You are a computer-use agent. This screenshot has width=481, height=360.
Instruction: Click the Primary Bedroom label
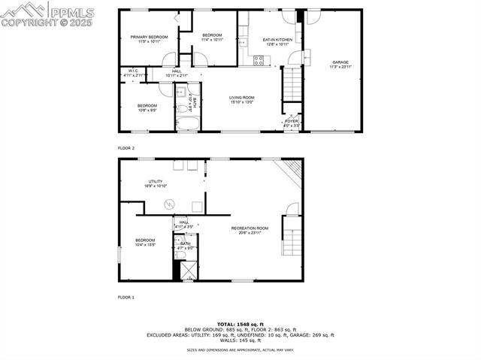tap(148, 38)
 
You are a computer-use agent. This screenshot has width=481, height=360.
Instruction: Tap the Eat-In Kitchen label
tap(277, 39)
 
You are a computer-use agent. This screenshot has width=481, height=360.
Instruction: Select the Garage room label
tap(340, 62)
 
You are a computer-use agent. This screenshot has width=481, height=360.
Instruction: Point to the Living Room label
tap(242, 97)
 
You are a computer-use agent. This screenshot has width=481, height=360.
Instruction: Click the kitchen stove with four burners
tap(259, 61)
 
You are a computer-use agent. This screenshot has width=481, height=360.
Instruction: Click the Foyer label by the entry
tap(291, 120)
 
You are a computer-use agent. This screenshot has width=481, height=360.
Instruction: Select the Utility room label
tap(156, 182)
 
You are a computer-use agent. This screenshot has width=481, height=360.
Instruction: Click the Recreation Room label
tap(250, 228)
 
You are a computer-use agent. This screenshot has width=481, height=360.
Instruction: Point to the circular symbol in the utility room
tap(170, 201)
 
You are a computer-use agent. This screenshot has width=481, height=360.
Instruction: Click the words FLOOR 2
tap(126, 149)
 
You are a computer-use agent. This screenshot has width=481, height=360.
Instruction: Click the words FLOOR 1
tap(126, 298)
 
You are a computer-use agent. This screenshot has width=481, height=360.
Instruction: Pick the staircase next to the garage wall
tap(292, 84)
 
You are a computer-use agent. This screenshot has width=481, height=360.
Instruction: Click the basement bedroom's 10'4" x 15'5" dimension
tap(145, 245)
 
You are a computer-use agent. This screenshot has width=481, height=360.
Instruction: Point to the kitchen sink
tap(243, 43)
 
